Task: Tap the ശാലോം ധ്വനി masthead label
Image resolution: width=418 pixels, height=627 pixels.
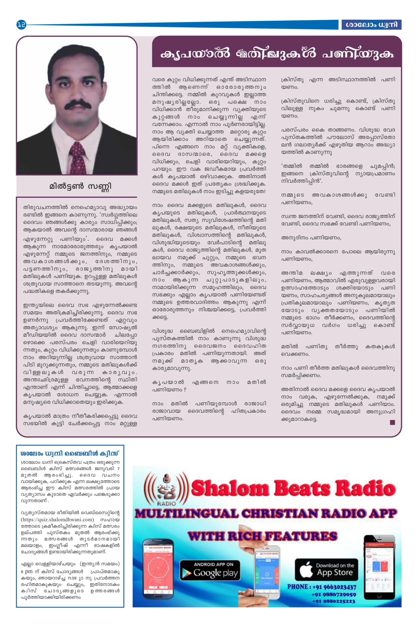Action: pyautogui.click(x=371, y=25)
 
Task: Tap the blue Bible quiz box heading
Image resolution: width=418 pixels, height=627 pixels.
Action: pyautogui.click(x=70, y=453)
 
